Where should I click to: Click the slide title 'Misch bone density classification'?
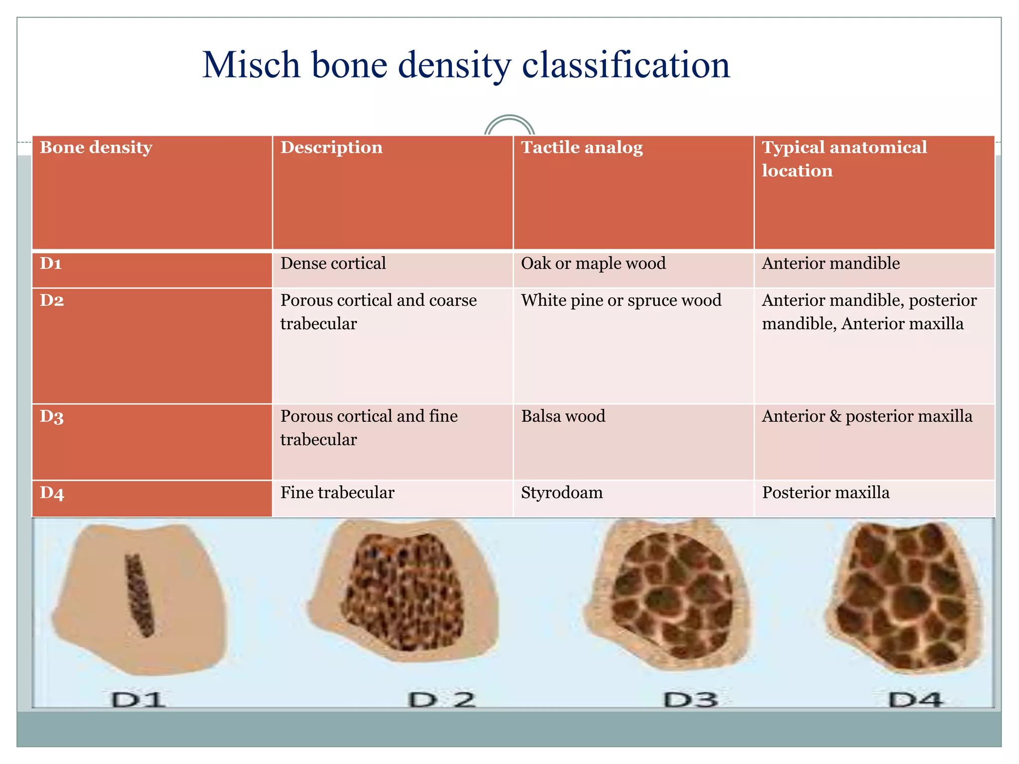point(466,66)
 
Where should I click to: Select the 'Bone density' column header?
point(96,148)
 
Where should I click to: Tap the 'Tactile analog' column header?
point(582,148)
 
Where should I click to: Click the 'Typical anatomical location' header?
point(844,159)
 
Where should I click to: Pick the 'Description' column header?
point(331,148)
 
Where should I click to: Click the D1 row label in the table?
point(51,264)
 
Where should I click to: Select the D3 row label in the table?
point(52,417)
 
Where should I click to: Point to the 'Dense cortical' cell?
point(333,264)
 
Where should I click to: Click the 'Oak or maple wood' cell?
point(593,264)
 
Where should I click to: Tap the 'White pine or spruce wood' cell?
point(621,300)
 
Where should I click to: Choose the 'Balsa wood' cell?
point(563,416)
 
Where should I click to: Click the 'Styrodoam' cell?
point(562,493)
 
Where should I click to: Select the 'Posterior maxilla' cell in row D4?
point(825,493)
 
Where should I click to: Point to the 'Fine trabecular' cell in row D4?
point(337,493)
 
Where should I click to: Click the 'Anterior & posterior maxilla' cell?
point(867,416)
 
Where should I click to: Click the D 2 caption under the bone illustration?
point(442,699)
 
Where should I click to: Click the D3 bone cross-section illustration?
point(669,594)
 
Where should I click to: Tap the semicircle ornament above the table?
point(509,125)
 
